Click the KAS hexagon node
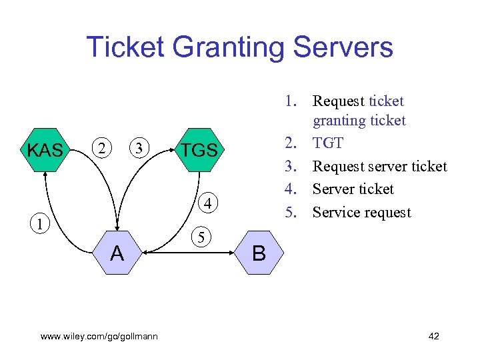point(45,151)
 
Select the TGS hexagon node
point(199,151)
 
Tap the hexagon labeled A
point(117,253)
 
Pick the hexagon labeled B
point(259,253)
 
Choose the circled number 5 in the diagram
point(200,236)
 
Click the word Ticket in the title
point(124,47)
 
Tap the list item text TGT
point(328,143)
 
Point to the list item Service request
point(361,213)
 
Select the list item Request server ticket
point(379,166)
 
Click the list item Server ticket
point(353,189)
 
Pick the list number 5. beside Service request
point(291,213)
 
